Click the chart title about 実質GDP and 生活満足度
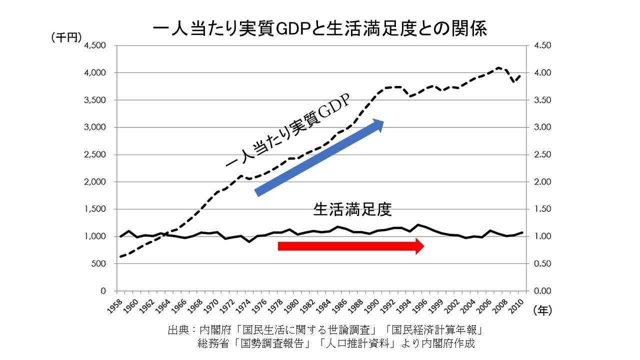320,28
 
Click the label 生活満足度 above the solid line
352,209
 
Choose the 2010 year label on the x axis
517,306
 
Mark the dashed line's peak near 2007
498,67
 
